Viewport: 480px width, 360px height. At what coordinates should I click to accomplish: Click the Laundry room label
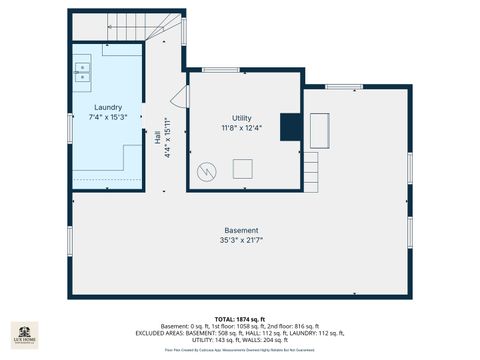108,107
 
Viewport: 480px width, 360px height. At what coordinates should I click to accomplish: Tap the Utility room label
241,118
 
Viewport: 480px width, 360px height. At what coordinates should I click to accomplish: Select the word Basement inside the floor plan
240,230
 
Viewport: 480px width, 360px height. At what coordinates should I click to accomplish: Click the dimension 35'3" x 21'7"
240,240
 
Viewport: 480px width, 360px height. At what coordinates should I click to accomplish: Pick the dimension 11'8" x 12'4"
241,128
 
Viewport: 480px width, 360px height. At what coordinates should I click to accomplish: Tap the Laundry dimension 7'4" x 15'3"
108,117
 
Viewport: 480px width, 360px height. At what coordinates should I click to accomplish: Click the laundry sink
82,71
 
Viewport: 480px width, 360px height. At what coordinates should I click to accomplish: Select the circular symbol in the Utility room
207,170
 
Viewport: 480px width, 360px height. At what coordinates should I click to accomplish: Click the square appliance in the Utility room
243,169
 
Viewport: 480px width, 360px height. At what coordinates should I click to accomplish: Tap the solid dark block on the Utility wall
290,126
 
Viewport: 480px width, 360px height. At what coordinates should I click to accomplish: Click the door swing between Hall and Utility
180,96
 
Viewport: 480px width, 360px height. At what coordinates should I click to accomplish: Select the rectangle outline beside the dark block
320,130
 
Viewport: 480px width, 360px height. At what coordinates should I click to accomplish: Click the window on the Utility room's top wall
220,70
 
